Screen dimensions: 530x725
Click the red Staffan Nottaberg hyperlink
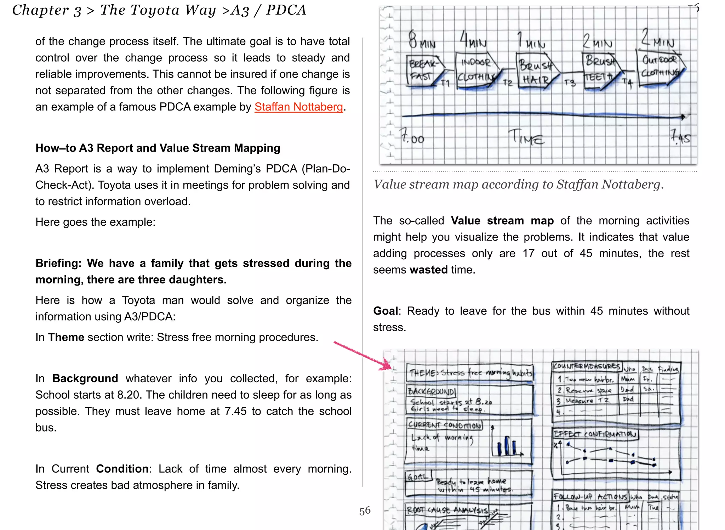298,107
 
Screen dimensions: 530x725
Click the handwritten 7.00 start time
412,136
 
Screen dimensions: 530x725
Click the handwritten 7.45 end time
680,137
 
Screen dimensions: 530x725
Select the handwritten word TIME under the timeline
526,138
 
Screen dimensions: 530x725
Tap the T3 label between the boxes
570,83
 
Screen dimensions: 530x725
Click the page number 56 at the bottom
365,511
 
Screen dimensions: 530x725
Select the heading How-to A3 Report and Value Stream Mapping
158,148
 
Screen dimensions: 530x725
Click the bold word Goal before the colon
385,311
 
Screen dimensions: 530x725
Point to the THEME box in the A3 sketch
469,373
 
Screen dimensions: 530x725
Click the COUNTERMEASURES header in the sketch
586,366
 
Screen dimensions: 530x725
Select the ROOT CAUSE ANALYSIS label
447,510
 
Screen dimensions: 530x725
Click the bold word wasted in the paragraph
428,270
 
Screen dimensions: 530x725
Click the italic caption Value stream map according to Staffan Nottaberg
518,184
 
